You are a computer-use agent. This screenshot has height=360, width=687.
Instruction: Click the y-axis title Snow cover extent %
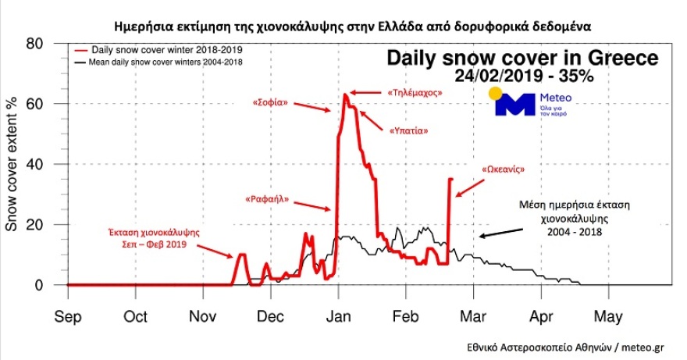12,164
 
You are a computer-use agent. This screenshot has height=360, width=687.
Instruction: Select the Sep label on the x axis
68,317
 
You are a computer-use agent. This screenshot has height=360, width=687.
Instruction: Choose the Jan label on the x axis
338,317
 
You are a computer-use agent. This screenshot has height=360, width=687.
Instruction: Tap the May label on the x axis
608,317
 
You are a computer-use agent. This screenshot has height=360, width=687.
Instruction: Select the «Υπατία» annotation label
408,131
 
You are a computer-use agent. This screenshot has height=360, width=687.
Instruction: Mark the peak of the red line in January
345,94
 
